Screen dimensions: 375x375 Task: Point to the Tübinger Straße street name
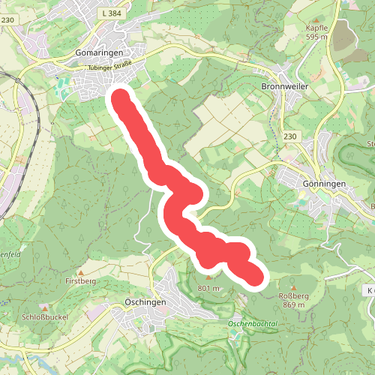pyautogui.click(x=110, y=67)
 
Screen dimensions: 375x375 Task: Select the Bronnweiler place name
pyautogui.click(x=286, y=86)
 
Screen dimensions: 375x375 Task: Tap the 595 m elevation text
pyautogui.click(x=317, y=37)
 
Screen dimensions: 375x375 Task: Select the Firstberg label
pyautogui.click(x=82, y=280)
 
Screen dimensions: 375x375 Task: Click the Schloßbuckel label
pyautogui.click(x=46, y=317)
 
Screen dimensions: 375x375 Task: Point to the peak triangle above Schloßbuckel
pyautogui.click(x=46, y=307)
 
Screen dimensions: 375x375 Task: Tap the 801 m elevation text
pyautogui.click(x=208, y=288)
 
